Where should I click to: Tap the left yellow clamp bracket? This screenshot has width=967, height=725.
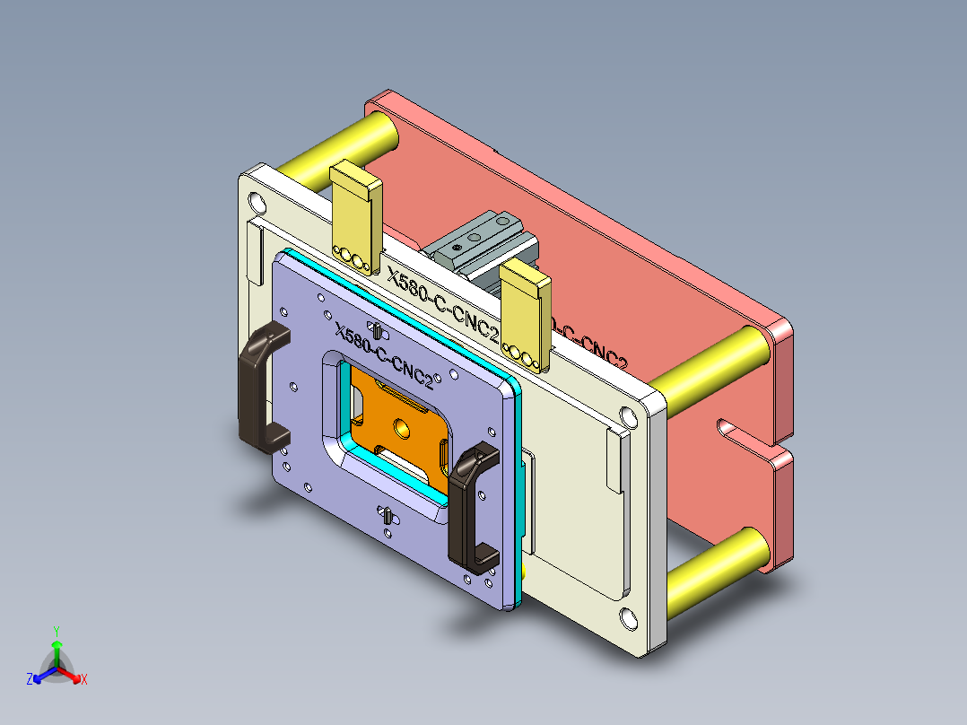pyautogui.click(x=356, y=215)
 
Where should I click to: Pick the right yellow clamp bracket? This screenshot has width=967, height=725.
pyautogui.click(x=526, y=314)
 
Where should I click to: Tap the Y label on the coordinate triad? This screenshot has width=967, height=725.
pyautogui.click(x=56, y=631)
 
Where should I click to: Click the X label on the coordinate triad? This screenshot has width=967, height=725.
pyautogui.click(x=84, y=680)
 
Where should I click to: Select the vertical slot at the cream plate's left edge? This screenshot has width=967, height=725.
pyautogui.click(x=254, y=256)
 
